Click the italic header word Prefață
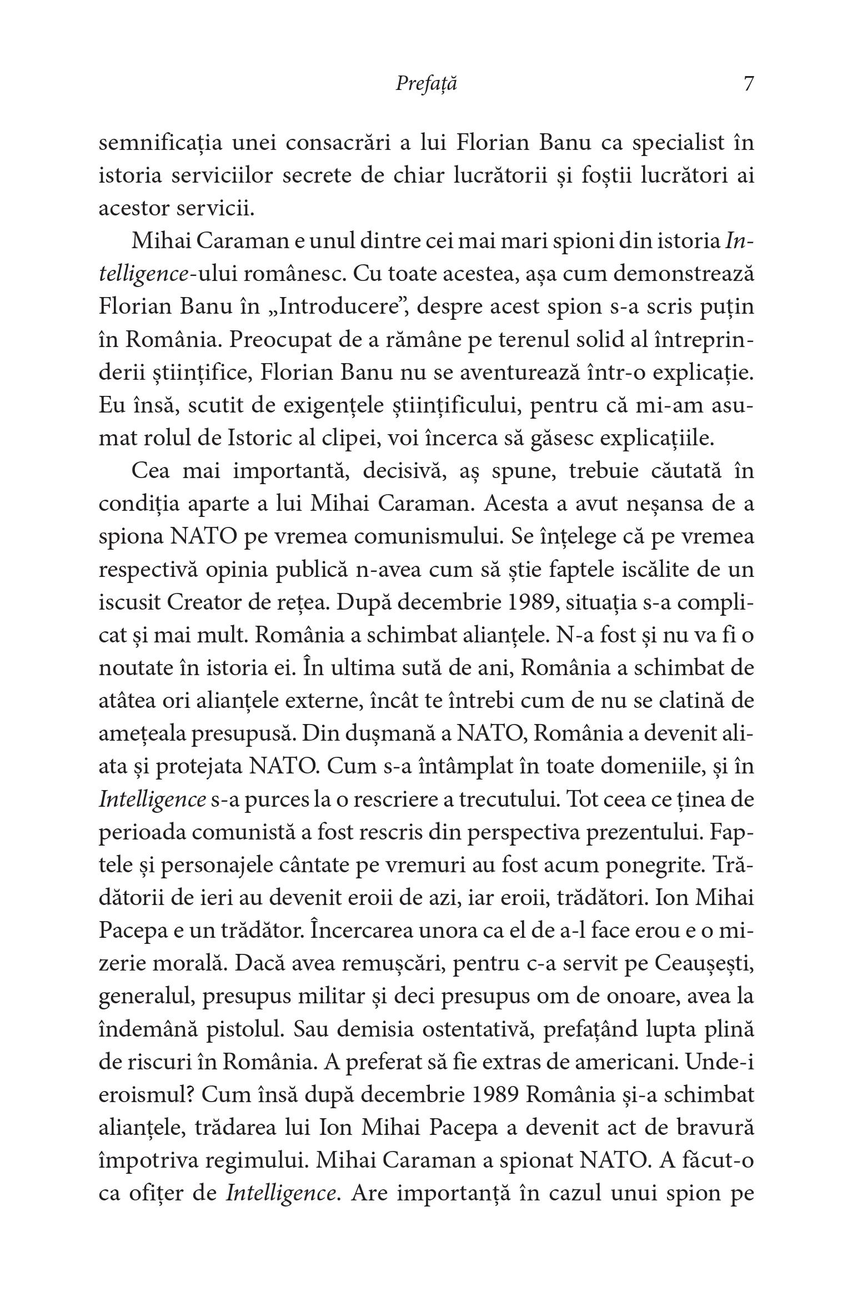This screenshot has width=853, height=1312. tap(426, 84)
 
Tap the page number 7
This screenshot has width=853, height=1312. tap(748, 84)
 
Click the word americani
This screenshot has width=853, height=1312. tap(622, 1062)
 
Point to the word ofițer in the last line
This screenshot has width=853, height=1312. tap(158, 1193)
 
